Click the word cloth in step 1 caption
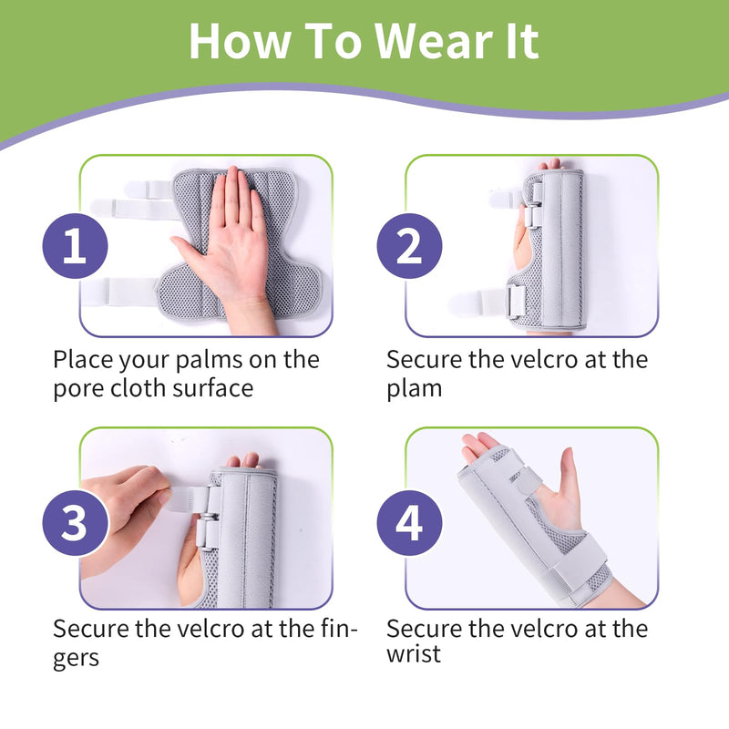[x=143, y=387]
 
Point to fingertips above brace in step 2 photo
[x=549, y=165]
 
